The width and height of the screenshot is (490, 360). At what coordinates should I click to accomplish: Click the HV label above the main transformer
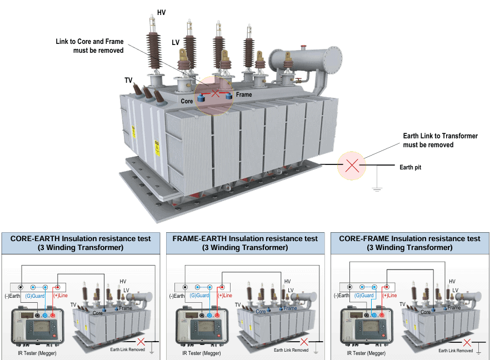coord(161,12)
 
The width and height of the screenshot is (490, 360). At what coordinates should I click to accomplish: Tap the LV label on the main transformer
coord(176,42)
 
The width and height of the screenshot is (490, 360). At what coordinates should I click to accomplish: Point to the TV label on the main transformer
coord(128,81)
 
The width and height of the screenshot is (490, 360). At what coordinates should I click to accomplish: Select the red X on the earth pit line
coord(352,165)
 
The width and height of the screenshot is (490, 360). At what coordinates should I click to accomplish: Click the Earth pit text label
coord(410,167)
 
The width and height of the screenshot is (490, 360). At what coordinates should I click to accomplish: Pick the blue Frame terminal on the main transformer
coord(228,97)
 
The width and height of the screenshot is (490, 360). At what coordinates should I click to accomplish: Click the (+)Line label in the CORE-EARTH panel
coord(60,296)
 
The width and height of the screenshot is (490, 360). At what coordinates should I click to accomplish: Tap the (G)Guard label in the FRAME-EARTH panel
coord(199,296)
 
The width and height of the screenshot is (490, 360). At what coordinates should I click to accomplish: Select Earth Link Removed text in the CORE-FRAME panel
coord(456,351)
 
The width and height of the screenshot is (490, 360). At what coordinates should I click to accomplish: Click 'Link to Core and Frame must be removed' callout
coord(90,46)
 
